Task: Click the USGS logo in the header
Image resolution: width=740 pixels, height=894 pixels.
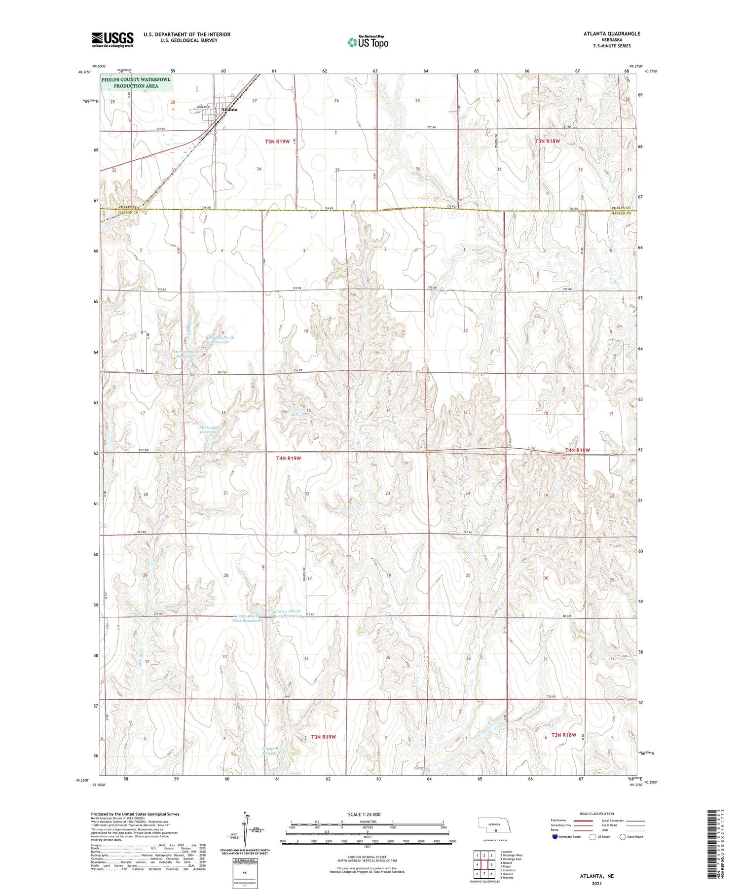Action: click(x=112, y=39)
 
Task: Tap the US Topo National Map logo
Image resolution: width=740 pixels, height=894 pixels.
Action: click(x=368, y=42)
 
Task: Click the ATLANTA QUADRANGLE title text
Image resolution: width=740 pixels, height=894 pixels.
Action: click(x=612, y=34)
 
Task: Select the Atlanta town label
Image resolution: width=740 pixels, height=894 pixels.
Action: click(x=229, y=109)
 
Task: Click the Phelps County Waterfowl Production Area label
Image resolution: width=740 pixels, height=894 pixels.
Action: click(x=136, y=82)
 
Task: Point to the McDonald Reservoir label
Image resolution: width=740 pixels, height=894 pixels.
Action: click(x=209, y=429)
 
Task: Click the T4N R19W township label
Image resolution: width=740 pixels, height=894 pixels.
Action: click(x=289, y=458)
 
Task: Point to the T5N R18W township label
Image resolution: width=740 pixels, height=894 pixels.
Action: click(x=548, y=141)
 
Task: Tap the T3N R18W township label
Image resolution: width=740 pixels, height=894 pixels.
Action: click(x=564, y=735)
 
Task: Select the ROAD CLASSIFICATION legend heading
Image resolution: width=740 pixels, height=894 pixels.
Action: click(x=597, y=814)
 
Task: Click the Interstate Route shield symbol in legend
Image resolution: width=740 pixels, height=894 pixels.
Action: click(x=555, y=837)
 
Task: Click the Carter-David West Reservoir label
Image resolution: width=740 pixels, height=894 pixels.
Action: click(x=246, y=618)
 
